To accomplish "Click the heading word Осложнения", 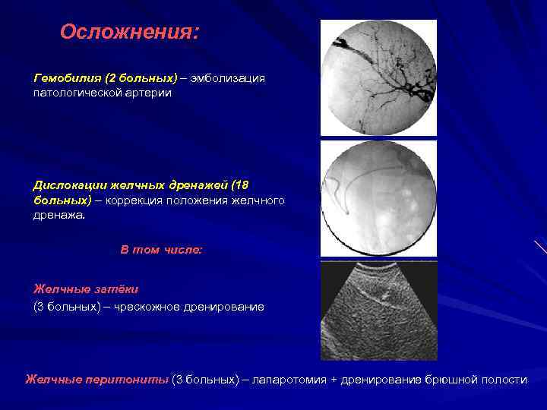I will pyautogui.click(x=128, y=32).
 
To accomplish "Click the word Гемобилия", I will pyautogui.click(x=64, y=78).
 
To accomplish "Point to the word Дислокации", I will pyautogui.click(x=68, y=185).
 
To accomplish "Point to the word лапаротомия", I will pyautogui.click(x=292, y=379).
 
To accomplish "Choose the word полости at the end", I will pyautogui.click(x=503, y=379).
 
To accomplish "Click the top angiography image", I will pyautogui.click(x=378, y=78).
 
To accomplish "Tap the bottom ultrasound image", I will pyautogui.click(x=378, y=311).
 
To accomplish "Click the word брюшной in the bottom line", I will pyautogui.click(x=451, y=379).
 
